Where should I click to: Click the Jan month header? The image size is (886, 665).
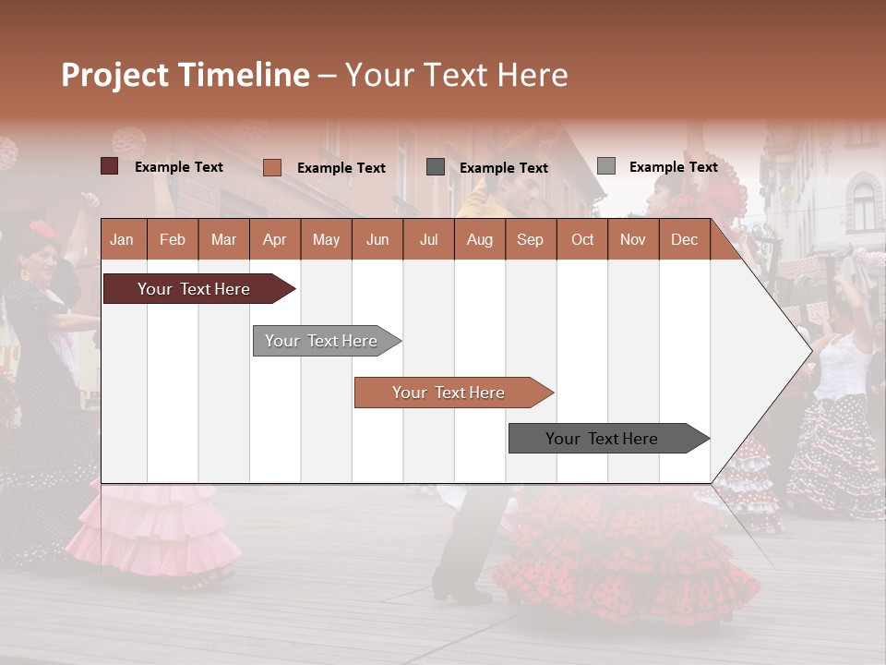tap(122, 239)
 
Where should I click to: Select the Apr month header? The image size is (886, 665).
tap(274, 239)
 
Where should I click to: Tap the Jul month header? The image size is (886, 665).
tap(428, 239)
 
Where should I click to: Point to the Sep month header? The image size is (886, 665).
tap(530, 239)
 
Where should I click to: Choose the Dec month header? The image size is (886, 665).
tap(684, 239)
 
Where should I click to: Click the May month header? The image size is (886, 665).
tap(326, 239)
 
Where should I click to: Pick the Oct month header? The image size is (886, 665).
tap(582, 239)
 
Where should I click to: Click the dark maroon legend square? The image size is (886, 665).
tap(110, 166)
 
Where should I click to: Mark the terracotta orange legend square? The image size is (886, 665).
tap(272, 167)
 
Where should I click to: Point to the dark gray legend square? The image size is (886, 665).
tap(436, 167)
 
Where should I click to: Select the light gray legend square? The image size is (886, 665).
tap(605, 166)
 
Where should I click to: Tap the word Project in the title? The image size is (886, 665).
tap(115, 75)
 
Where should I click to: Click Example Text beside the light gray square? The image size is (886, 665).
tap(673, 167)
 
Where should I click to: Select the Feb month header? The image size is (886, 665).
tap(173, 239)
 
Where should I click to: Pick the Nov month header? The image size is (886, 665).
tap(633, 239)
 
